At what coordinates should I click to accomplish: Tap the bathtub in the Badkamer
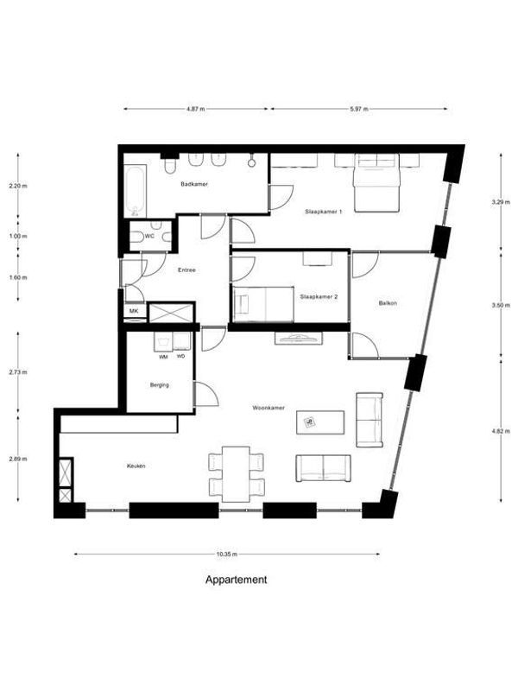[x=135, y=192]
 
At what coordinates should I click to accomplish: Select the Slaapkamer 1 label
[x=324, y=212]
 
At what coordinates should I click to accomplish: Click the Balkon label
[x=388, y=303]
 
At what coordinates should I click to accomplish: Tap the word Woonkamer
[x=268, y=406]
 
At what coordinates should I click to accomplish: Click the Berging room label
[x=158, y=385]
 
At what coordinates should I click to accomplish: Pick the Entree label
[x=186, y=270]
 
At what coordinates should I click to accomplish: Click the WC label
[x=149, y=236]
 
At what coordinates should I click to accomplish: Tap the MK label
[x=134, y=311]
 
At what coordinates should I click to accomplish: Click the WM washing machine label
[x=162, y=356]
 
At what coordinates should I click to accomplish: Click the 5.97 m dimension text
[x=358, y=110]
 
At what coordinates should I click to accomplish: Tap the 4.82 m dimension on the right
[x=498, y=429]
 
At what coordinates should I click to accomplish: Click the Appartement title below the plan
[x=235, y=580]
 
